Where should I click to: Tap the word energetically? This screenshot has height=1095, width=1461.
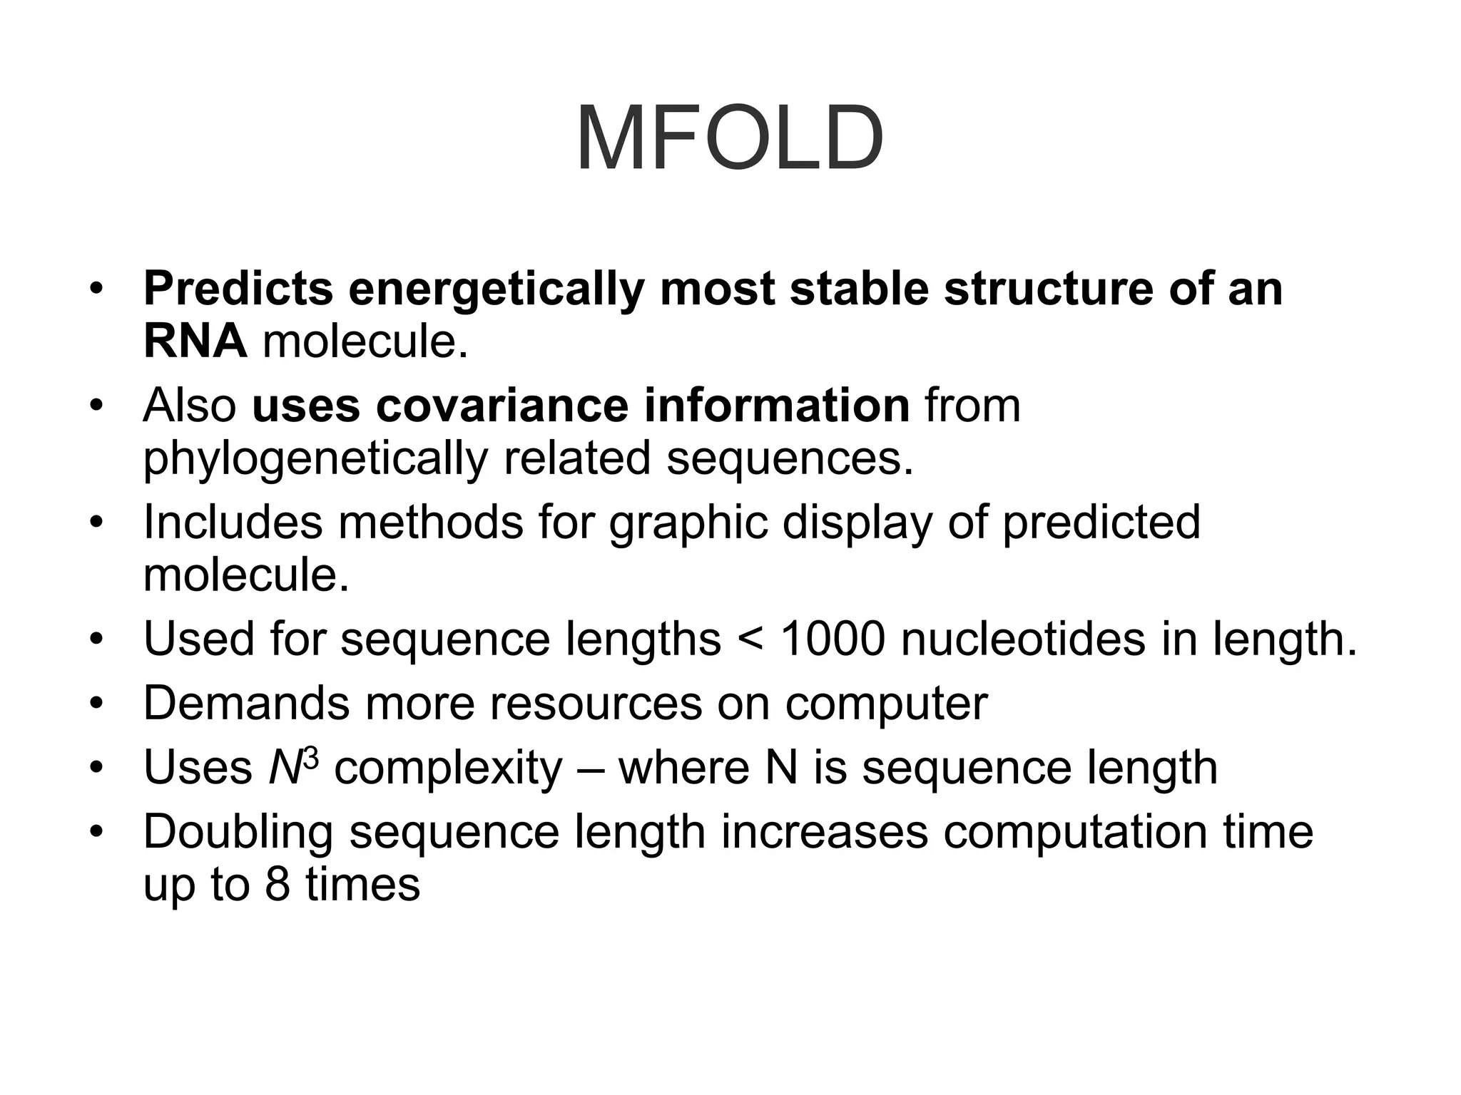tap(497, 290)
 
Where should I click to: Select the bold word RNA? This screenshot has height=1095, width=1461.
tap(195, 341)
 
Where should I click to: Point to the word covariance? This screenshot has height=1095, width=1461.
tap(502, 406)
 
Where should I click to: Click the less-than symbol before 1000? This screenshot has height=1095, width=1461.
tap(750, 640)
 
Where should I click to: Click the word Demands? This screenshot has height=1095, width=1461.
tap(246, 704)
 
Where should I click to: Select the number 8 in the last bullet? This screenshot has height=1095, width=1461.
tap(278, 885)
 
